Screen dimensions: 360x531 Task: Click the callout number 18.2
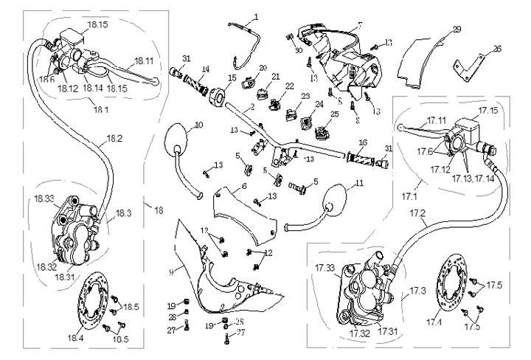click(114, 137)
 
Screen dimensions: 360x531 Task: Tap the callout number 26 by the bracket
click(496, 49)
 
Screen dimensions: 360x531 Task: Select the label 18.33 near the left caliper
click(44, 198)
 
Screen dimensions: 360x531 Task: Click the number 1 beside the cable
click(256, 16)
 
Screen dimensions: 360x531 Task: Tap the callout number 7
click(359, 25)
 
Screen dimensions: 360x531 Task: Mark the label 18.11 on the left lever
click(144, 61)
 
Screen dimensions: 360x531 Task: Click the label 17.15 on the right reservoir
click(488, 111)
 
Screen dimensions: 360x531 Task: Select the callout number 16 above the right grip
click(363, 142)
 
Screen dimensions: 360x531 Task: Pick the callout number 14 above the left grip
click(205, 69)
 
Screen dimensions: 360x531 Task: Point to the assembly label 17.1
click(408, 198)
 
